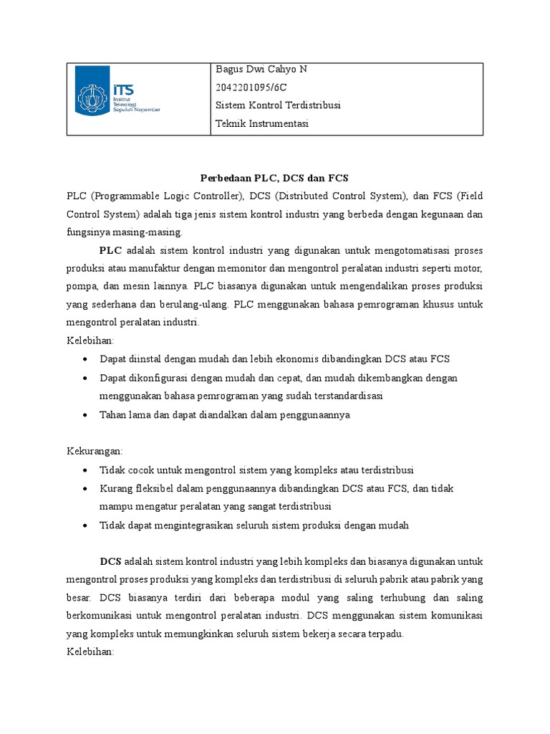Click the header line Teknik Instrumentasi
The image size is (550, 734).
point(261,124)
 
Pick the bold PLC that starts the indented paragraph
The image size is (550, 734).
point(110,250)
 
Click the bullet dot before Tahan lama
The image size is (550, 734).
point(86,415)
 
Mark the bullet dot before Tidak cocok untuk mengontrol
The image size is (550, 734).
point(86,470)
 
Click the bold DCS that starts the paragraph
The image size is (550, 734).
point(111,561)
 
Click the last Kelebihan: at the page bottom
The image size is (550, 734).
point(90,652)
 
